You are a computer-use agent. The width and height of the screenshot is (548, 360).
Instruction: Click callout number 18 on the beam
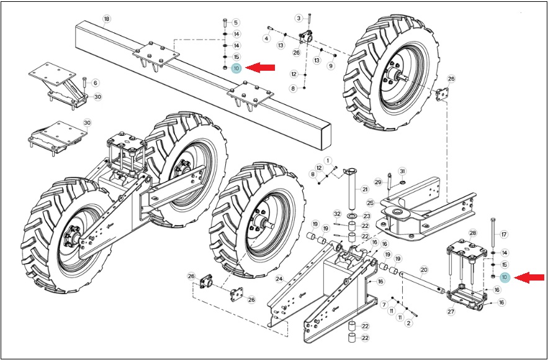click(107, 19)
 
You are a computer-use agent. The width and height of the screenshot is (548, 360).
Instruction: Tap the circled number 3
click(299, 18)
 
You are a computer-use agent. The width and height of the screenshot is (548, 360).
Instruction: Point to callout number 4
click(267, 38)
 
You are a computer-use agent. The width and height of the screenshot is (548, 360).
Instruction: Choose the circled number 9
click(331, 65)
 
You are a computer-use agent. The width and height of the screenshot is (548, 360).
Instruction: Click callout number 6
click(95, 83)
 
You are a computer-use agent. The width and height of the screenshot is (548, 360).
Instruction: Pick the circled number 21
click(365, 189)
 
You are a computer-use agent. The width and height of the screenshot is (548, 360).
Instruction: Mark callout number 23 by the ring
click(366, 216)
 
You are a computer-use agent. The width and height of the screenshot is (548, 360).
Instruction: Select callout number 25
click(371, 203)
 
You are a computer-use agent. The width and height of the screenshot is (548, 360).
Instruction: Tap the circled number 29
click(378, 182)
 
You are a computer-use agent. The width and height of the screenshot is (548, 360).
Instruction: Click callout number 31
click(402, 171)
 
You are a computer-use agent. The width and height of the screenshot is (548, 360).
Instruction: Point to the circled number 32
click(337, 214)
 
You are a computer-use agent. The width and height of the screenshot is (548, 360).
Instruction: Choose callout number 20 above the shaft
click(424, 269)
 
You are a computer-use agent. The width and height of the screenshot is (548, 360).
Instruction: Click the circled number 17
click(503, 235)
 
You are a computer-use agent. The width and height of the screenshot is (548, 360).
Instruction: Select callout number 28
click(472, 233)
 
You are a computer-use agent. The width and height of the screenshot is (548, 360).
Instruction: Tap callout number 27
click(451, 312)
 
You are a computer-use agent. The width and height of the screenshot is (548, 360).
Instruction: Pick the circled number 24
click(279, 279)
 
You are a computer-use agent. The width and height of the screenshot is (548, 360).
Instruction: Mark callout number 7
click(384, 305)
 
